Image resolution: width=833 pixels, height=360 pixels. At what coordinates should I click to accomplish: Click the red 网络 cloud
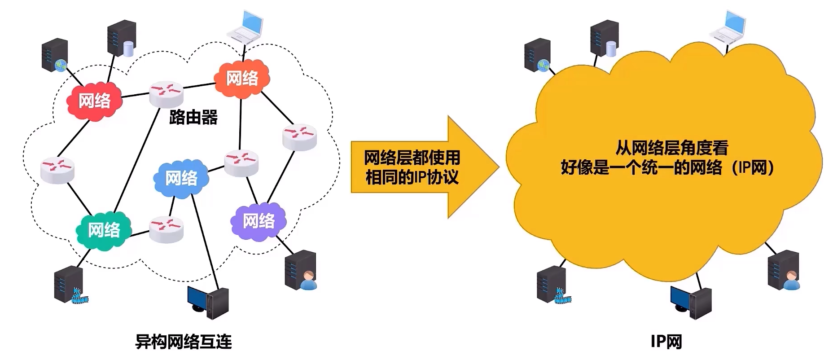click(95, 101)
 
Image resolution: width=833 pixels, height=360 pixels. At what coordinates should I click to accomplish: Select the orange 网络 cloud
click(242, 79)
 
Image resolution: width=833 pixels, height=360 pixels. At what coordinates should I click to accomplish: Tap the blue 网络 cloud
click(181, 178)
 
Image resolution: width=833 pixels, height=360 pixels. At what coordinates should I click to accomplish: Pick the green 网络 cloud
click(104, 230)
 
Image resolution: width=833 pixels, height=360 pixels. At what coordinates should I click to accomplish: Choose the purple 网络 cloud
click(259, 221)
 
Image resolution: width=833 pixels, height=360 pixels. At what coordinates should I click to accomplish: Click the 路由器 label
click(193, 118)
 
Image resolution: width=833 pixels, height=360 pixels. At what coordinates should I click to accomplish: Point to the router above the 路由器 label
click(166, 94)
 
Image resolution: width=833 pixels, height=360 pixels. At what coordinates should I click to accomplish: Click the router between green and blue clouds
click(166, 229)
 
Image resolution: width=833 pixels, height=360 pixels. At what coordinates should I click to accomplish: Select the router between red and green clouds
click(57, 170)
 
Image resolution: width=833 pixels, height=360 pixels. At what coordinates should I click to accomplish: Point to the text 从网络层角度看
click(671, 148)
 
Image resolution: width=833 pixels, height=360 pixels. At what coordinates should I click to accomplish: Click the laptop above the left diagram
click(245, 27)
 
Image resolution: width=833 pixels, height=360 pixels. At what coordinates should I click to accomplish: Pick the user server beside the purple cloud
click(301, 270)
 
